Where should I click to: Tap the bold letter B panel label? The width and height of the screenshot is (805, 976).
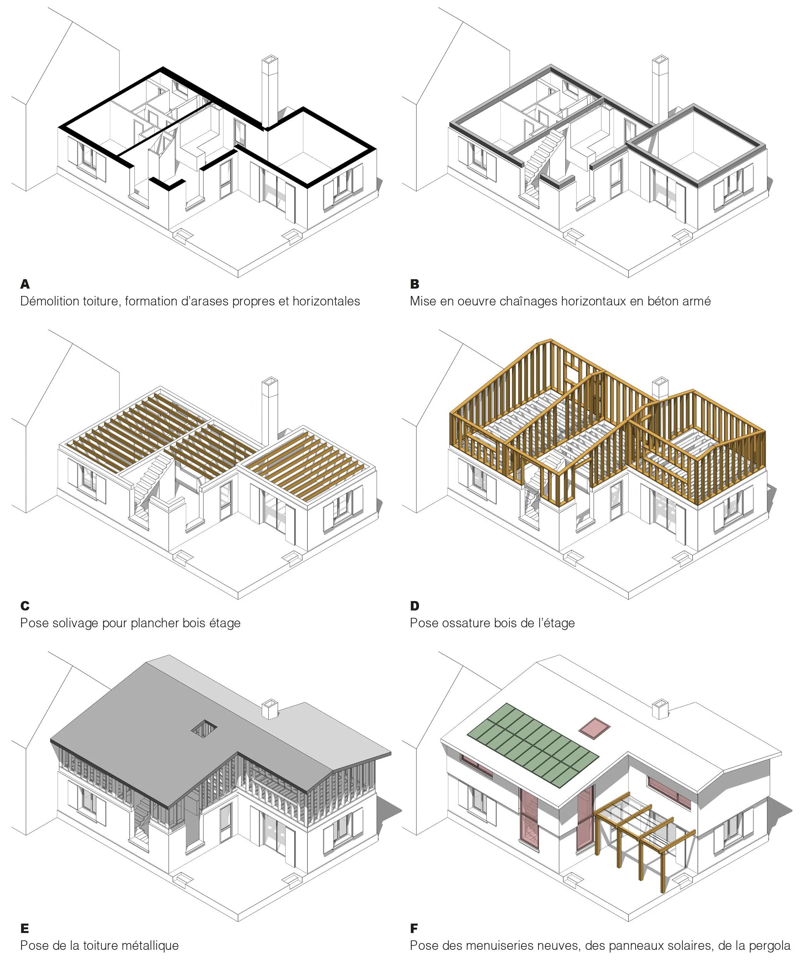(x=415, y=284)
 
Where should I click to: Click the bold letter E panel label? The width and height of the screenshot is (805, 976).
(x=25, y=928)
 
